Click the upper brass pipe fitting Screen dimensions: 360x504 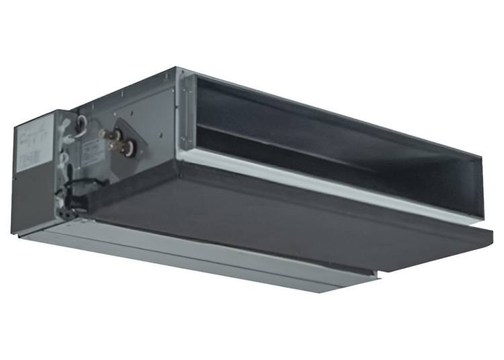[x=108, y=134]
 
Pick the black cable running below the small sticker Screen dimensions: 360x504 [x=91, y=183]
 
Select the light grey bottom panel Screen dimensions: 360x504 [x=202, y=259]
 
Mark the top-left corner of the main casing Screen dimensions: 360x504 [x=176, y=67]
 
